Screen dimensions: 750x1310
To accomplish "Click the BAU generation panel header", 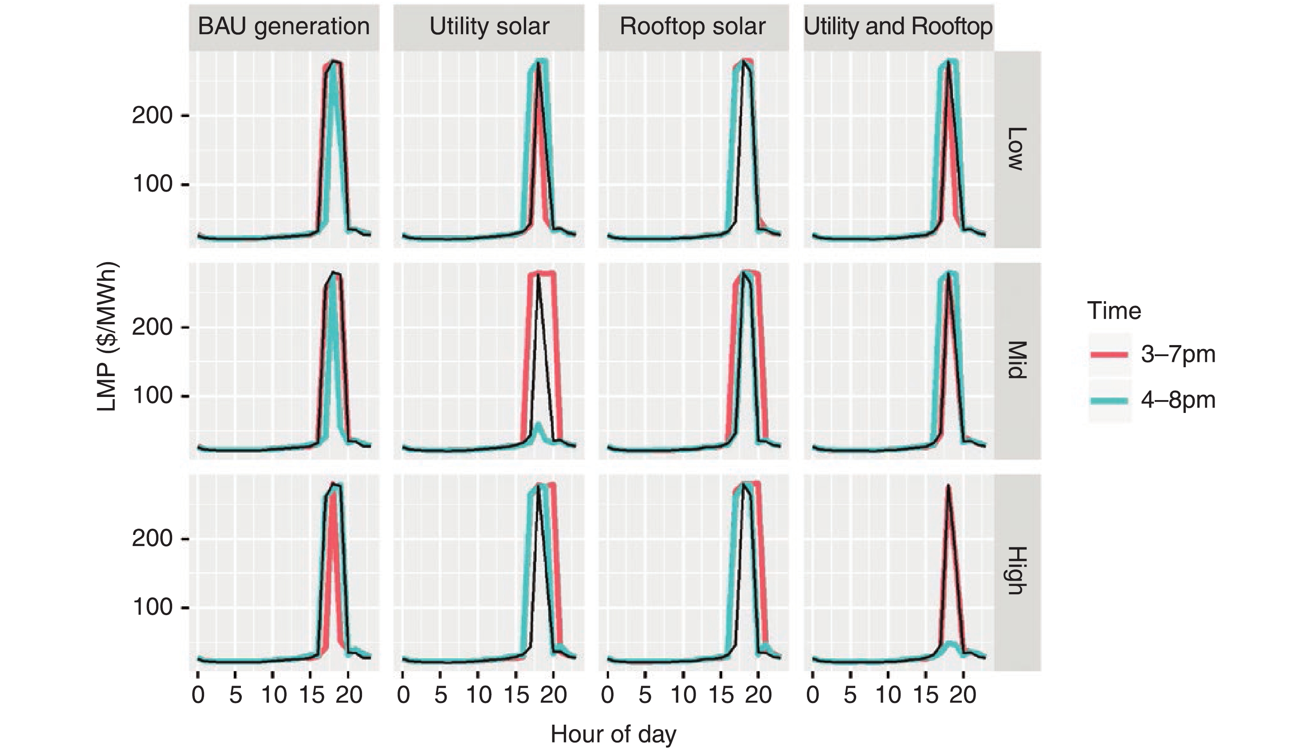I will [284, 26].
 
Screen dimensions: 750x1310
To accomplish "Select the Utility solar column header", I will [489, 26].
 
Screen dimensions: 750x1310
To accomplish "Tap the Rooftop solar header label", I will [692, 26].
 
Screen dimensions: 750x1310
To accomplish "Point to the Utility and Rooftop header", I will [898, 26].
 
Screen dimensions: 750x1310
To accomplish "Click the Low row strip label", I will [1016, 149].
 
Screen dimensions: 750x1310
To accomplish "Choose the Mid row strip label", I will [1016, 360].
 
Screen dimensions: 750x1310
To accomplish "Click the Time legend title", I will [1114, 311].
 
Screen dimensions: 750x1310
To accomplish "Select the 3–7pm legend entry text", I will [1178, 354].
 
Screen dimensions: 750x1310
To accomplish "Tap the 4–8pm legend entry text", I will [1178, 400].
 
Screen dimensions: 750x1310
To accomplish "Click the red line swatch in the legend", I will [1109, 354].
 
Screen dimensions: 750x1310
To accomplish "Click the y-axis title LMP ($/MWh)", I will [107, 337].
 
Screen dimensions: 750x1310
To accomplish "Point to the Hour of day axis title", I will [613, 734].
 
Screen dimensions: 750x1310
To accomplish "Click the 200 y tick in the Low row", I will [153, 115].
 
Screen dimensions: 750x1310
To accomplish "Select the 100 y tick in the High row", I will [153, 607].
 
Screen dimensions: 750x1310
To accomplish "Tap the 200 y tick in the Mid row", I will [153, 326].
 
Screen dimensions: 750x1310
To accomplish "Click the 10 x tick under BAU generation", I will [274, 695].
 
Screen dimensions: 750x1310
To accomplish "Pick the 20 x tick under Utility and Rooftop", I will [962, 695].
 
